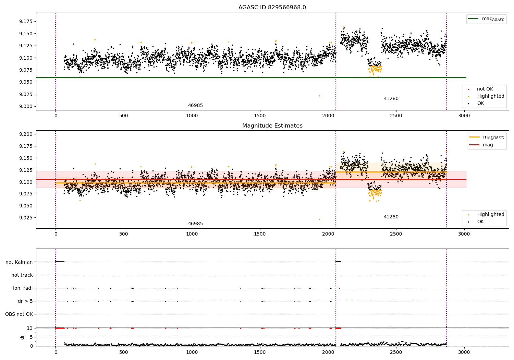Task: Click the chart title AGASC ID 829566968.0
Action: pos(272,7)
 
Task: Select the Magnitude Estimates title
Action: pos(272,125)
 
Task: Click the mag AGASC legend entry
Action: pos(487,19)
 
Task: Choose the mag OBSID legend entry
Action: pos(487,137)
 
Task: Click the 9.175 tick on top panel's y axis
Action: pos(26,21)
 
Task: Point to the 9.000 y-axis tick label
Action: pos(26,106)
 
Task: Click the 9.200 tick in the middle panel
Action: pos(26,134)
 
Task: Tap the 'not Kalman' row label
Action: pos(19,262)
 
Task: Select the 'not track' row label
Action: pos(22,275)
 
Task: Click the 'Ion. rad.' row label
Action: pos(23,288)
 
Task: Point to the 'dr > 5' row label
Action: pos(25,301)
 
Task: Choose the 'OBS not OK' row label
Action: pos(19,314)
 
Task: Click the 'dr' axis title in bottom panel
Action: pos(22,337)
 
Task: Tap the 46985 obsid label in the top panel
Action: pos(195,105)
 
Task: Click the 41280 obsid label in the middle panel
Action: pos(391,217)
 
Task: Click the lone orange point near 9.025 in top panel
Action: pos(319,96)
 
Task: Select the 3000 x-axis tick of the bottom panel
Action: pos(464,352)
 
